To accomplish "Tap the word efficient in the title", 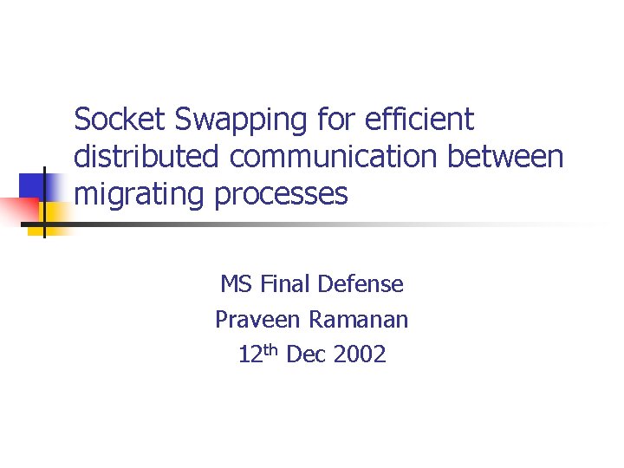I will click(x=419, y=120).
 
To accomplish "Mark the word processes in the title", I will click(x=276, y=195).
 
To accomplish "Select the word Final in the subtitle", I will click(x=286, y=284).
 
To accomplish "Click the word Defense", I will click(x=361, y=284).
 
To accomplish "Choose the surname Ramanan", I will click(x=359, y=320).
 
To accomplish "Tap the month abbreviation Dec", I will click(x=305, y=354).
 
